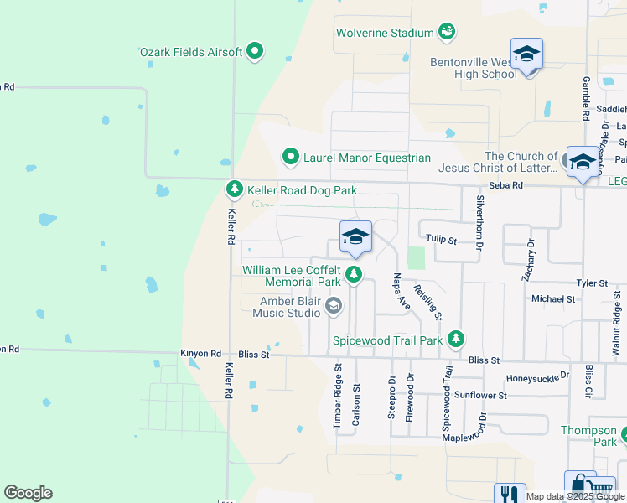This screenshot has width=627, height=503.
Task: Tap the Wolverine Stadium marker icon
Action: click(x=448, y=33)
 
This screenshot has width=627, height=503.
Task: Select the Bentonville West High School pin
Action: click(x=526, y=55)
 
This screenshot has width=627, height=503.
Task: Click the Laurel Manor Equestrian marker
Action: click(x=290, y=157)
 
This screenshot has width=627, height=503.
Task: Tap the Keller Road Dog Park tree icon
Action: click(x=236, y=190)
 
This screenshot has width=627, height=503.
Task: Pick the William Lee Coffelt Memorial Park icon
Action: click(x=354, y=274)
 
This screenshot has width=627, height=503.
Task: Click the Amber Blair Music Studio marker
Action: click(x=334, y=306)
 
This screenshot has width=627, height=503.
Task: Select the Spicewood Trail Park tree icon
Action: click(x=455, y=340)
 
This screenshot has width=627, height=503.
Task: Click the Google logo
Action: click(x=28, y=493)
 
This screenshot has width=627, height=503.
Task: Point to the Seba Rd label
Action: click(x=506, y=186)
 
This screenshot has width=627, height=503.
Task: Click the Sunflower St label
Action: click(x=481, y=395)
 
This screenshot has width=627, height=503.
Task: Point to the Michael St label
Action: click(x=553, y=298)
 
